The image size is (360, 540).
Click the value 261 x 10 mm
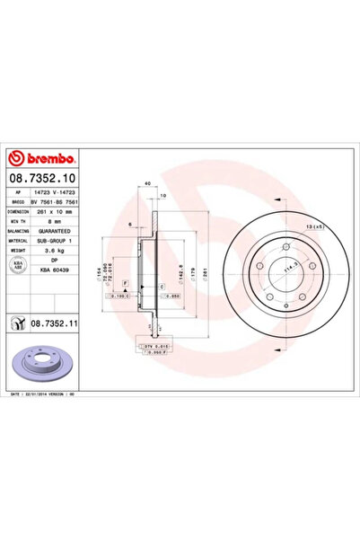[60, 212]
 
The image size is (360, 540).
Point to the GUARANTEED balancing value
[61, 231]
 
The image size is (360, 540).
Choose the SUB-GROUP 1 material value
[62, 241]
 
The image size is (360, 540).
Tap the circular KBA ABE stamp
[19, 265]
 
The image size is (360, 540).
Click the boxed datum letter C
[162, 287]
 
